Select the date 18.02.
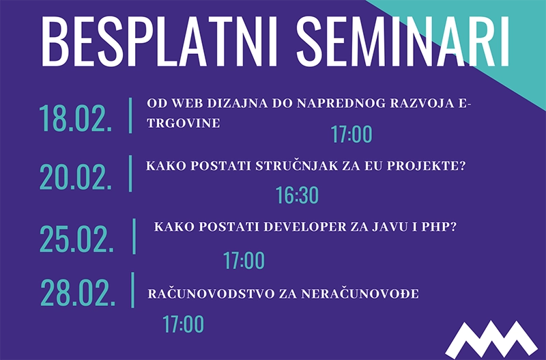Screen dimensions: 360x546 point(76,117)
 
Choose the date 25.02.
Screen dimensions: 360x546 point(76,239)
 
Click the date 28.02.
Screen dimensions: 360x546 point(76,292)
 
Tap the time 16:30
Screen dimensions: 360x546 point(297,196)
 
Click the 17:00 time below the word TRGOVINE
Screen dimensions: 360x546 point(351,135)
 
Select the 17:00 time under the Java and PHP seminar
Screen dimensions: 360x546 point(244,260)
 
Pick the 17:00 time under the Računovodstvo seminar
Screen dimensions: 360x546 point(183,324)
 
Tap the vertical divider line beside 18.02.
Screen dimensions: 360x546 point(130,115)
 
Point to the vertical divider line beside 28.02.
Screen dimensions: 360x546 point(132,290)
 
